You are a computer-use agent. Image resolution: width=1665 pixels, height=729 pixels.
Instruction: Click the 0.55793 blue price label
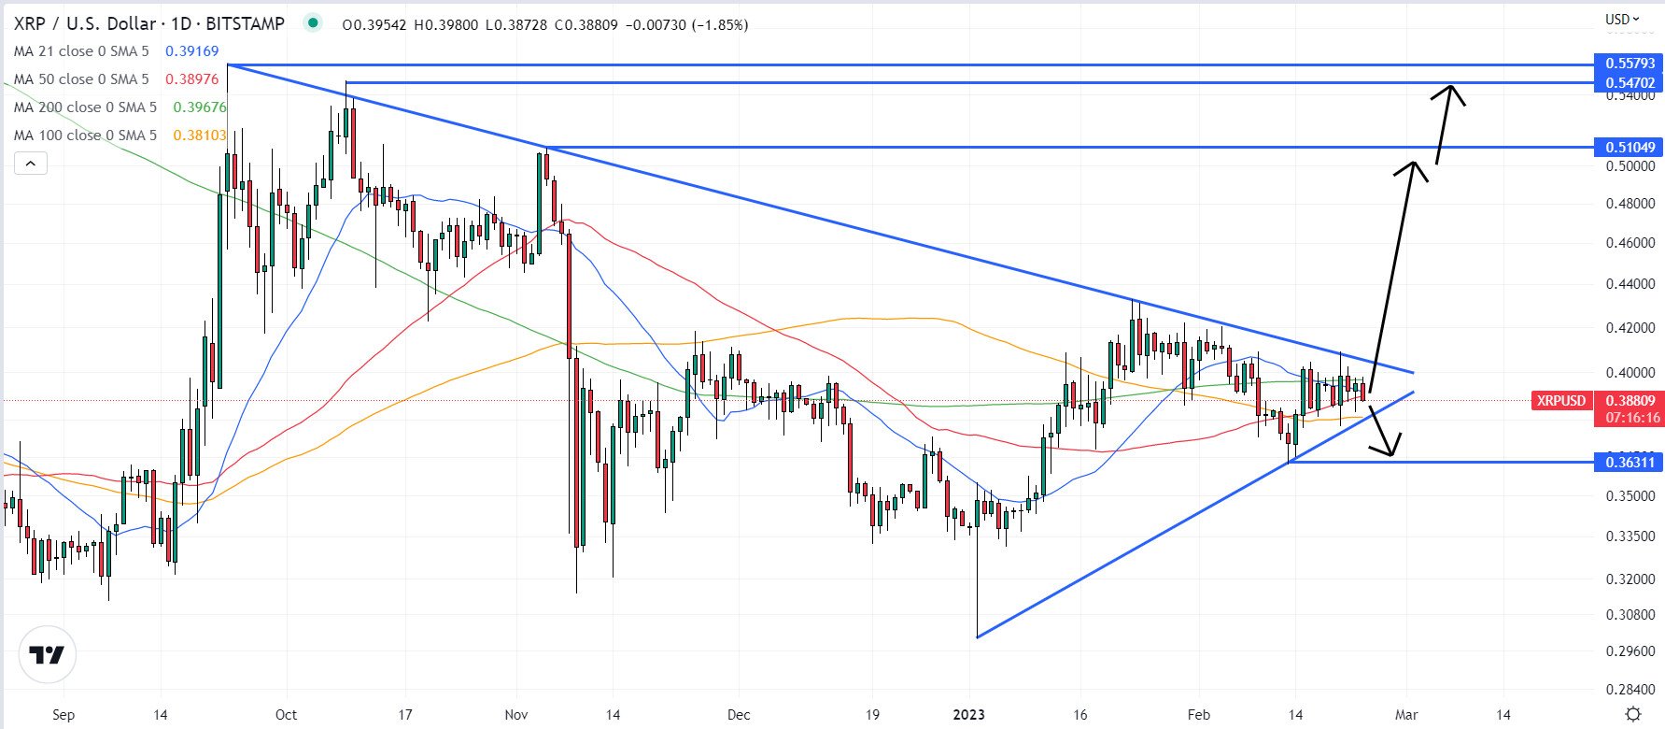click(x=1630, y=64)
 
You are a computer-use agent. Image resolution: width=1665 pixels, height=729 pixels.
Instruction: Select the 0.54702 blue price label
click(x=1630, y=83)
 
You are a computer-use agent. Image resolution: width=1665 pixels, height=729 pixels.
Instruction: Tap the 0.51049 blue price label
click(x=1630, y=147)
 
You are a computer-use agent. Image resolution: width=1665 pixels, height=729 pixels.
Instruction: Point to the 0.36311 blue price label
click(x=1630, y=462)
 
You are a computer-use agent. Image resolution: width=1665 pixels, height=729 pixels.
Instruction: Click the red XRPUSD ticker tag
click(x=1560, y=401)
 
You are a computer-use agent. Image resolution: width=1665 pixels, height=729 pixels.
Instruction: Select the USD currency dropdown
click(x=1621, y=20)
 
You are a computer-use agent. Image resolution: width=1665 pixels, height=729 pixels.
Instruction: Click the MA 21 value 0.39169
click(x=191, y=51)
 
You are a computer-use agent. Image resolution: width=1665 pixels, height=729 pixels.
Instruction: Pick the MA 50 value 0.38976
click(x=191, y=79)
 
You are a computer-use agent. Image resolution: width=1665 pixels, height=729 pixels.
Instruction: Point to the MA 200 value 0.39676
click(x=200, y=107)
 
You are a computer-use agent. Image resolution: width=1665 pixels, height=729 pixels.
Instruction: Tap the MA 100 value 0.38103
click(x=200, y=136)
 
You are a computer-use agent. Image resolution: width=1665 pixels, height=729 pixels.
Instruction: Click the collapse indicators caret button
click(x=30, y=164)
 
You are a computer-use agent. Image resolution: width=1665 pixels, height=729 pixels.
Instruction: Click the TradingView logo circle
click(x=47, y=655)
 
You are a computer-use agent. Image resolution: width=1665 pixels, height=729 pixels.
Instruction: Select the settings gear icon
click(x=1632, y=714)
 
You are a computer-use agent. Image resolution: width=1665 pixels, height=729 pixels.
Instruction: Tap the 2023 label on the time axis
click(x=968, y=715)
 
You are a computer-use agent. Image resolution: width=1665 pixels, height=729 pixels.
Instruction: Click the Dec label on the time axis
click(x=739, y=715)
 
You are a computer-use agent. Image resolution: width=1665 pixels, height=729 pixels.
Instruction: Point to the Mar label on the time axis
click(x=1406, y=715)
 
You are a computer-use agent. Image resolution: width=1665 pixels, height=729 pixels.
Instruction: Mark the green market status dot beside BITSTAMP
click(x=311, y=24)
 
